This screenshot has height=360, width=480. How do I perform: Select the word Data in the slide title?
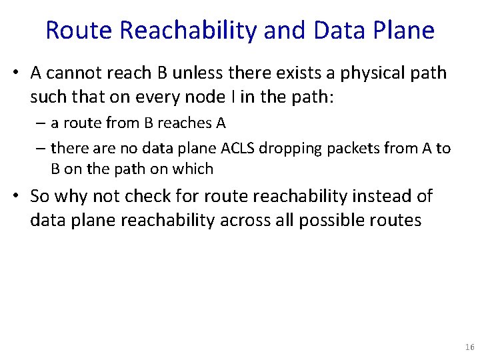coord(332,30)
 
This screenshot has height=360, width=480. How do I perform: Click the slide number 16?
coord(469,347)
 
